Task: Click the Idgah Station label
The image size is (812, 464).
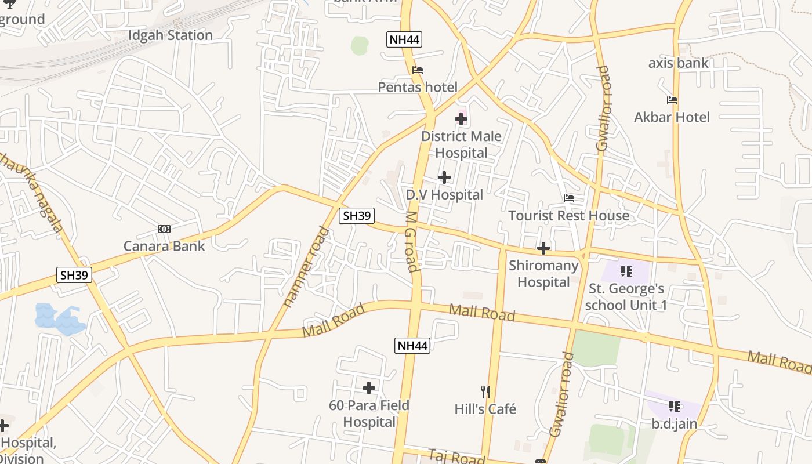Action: coord(170,35)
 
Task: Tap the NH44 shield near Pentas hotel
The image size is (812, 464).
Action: coord(404,39)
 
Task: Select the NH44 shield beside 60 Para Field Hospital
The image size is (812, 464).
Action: coord(412,346)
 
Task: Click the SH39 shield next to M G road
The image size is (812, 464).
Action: coord(357,216)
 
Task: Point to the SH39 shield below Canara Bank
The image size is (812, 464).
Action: coord(74,275)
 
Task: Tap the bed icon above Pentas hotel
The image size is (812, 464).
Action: coord(417,70)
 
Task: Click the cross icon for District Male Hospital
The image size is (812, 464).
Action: coord(461,119)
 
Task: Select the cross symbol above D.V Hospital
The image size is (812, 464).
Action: coord(444,177)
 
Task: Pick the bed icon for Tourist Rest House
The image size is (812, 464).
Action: coord(569,198)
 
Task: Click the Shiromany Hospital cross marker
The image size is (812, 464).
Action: coord(543,248)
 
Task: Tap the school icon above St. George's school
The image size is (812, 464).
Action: coord(626,271)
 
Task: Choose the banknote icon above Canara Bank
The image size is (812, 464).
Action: coord(164,229)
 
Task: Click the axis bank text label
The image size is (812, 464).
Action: coord(678,63)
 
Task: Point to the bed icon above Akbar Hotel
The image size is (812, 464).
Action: coord(672,100)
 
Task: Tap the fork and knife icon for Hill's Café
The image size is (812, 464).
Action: coord(485,392)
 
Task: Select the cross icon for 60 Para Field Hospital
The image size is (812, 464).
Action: coord(369,387)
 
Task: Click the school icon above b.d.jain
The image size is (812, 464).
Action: coord(674,406)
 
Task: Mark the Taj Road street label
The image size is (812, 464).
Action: coord(456,456)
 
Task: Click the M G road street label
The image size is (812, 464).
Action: coord(411,241)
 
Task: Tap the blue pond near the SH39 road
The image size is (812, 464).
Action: coord(58,319)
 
